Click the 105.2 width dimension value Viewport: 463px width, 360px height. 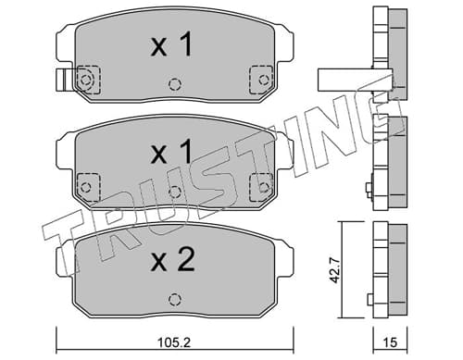click(174, 342)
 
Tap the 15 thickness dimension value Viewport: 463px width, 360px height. click(390, 342)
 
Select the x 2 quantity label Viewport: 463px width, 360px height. click(172, 260)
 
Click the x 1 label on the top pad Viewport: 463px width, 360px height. click(171, 45)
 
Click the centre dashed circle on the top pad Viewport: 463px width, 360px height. click(175, 84)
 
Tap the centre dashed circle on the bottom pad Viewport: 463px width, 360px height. click(174, 299)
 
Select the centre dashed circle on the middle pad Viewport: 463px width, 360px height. click(175, 192)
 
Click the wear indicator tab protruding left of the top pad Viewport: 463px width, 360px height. click(66, 80)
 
